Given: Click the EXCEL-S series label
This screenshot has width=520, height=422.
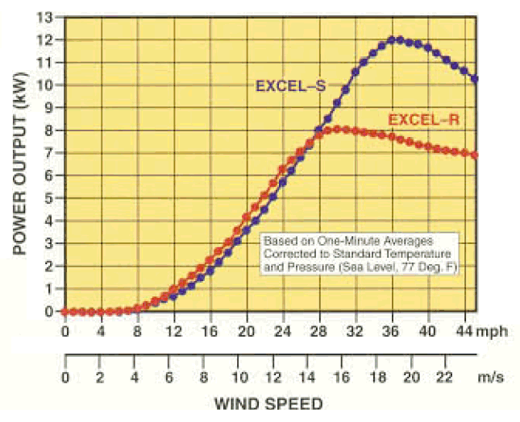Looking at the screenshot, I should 290,85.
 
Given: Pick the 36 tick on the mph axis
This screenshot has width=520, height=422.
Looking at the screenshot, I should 392,329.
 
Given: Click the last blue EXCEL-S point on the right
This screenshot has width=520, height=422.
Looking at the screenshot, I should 475,79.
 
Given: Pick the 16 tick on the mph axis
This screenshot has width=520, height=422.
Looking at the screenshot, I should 210,329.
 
